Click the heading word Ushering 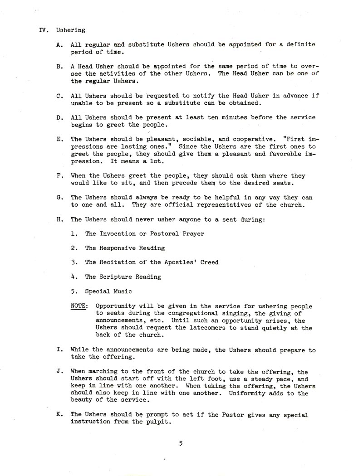(x=71, y=31)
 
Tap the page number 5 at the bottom (x=180, y=444)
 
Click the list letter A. (x=59, y=45)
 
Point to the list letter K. (x=59, y=415)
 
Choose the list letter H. (x=59, y=219)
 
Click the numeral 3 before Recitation (x=73, y=262)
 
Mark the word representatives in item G (x=232, y=204)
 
